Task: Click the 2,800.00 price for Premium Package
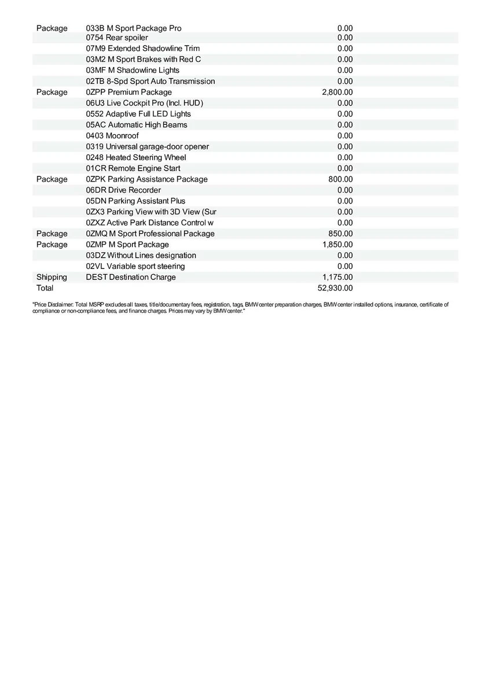[337, 92]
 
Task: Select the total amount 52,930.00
[335, 288]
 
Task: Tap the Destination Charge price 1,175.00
[337, 277]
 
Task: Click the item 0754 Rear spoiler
[117, 38]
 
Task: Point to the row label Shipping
[52, 277]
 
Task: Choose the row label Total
[45, 288]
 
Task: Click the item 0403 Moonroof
[112, 135]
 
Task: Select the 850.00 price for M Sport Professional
[340, 234]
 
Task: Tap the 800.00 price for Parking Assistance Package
[340, 179]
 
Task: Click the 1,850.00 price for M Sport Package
[337, 245]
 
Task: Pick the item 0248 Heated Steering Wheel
[136, 157]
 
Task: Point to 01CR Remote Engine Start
[133, 168]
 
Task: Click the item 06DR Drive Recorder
[123, 190]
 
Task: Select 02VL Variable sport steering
[135, 266]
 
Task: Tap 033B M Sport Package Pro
[134, 28]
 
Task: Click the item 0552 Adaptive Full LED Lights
[138, 114]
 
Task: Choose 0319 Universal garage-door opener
[148, 146]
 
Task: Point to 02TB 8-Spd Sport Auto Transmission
[151, 81]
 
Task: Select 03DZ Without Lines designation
[141, 255]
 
